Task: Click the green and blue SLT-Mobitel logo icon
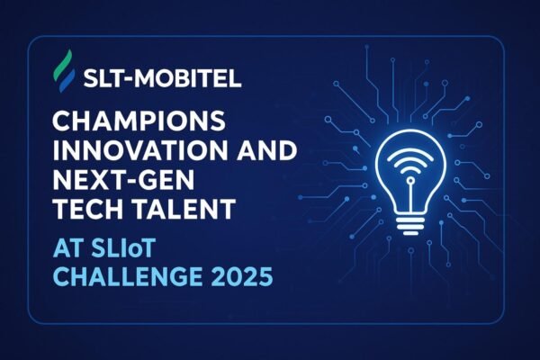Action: (x=65, y=71)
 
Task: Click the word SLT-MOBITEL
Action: (x=162, y=78)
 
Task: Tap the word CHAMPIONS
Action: (x=139, y=121)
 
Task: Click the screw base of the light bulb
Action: (x=410, y=225)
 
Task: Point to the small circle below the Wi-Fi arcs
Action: (x=410, y=181)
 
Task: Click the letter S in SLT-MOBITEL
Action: (x=91, y=78)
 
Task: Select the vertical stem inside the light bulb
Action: (x=410, y=199)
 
